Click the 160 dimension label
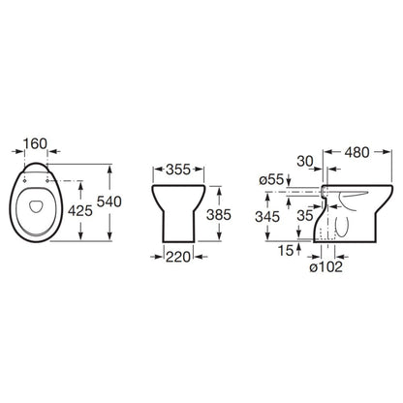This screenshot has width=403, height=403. click(x=36, y=143)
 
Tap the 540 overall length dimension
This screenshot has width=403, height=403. click(x=109, y=201)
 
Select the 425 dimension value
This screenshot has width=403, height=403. click(x=80, y=211)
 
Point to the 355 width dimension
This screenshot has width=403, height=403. click(x=178, y=170)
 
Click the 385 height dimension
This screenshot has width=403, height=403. click(x=219, y=215)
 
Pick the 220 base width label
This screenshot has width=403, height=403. click(x=178, y=257)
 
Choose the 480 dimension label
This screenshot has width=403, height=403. click(x=356, y=152)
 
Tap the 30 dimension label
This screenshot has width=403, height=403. click(x=305, y=161)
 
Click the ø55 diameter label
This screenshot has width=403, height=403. click(x=271, y=179)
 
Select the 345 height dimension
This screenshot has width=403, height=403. click(x=267, y=217)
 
